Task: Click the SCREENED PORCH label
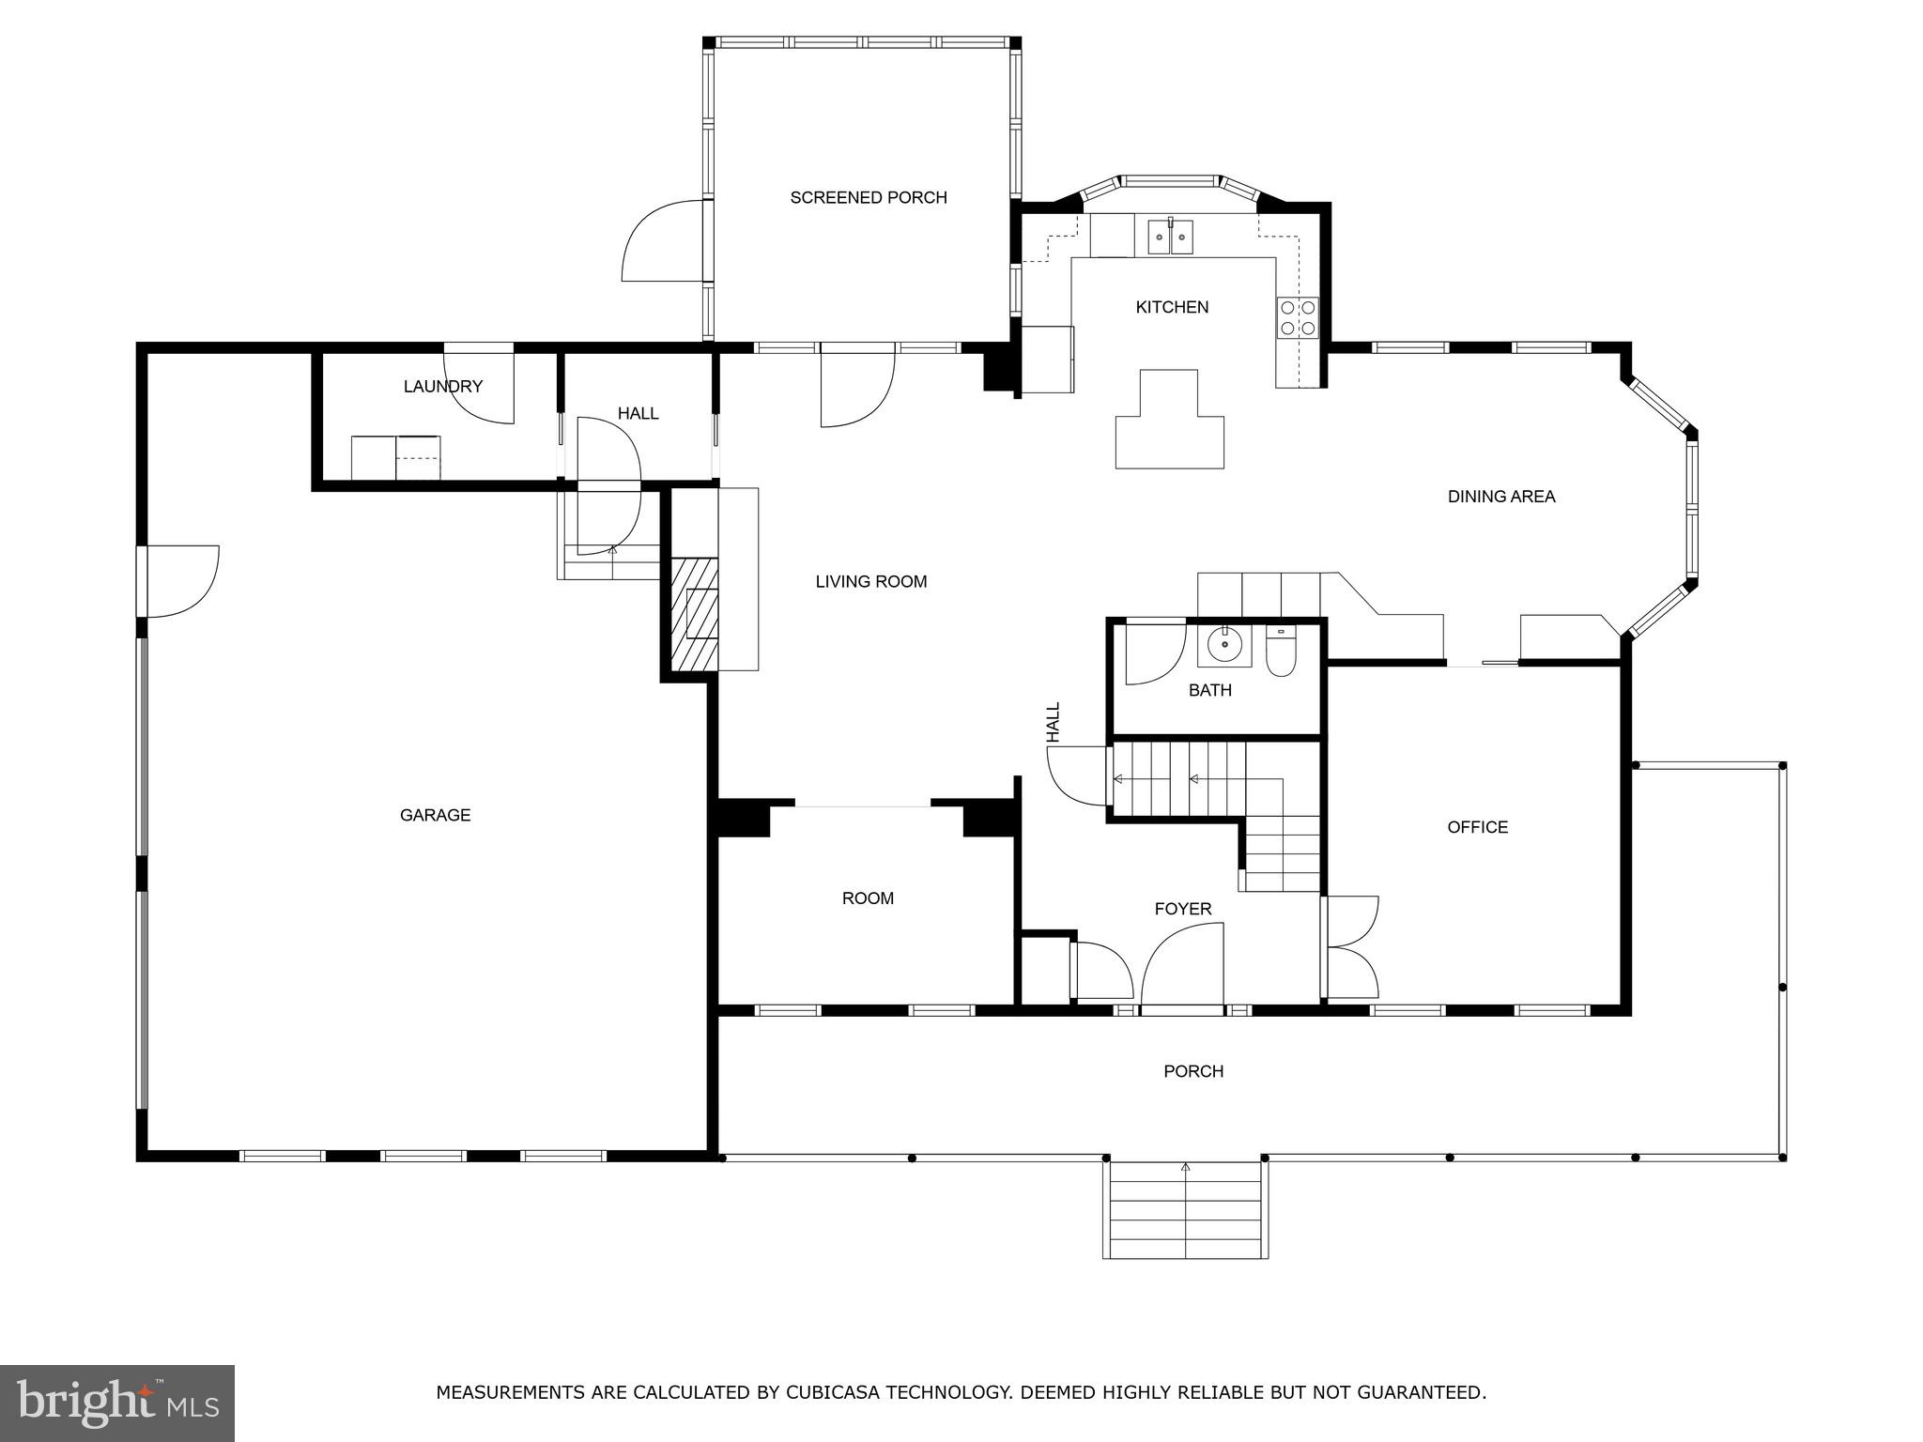[868, 197]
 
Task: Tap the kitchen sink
[1170, 238]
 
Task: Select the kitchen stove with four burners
[1298, 317]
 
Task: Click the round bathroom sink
[1224, 645]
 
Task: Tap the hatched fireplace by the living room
[694, 614]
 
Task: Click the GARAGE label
[435, 815]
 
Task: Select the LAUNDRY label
[442, 386]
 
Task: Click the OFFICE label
[1477, 827]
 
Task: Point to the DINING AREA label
[1500, 497]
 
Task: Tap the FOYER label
[1182, 909]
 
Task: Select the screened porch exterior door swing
[661, 241]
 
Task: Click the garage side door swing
[180, 581]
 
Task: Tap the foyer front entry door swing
[1183, 967]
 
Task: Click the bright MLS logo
[116, 1403]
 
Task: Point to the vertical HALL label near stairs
[1054, 722]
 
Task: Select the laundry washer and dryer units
[395, 457]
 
